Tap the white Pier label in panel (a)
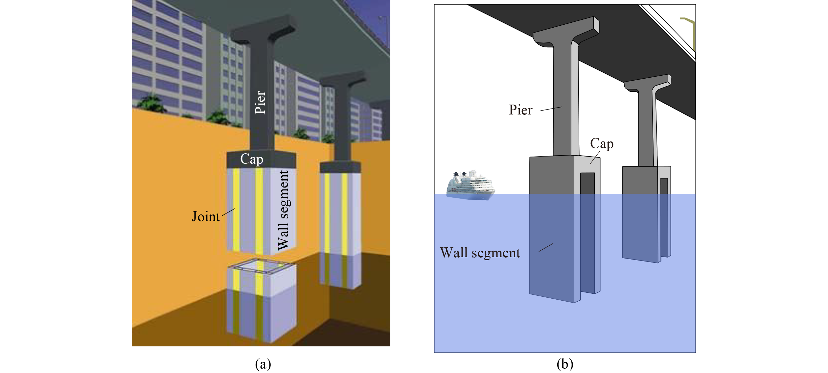pos(260,102)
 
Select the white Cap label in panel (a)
pos(252,159)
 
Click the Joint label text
pos(206,217)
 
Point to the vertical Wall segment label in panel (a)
pos(283,210)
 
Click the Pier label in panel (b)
pos(520,110)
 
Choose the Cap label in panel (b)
pos(602,144)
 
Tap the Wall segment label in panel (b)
pos(480,253)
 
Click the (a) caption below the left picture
pos(263,364)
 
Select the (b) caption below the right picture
pos(564,364)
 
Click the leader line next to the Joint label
pos(229,212)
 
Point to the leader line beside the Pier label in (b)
pos(551,109)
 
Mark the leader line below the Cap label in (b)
pos(595,157)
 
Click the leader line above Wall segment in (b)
pos(546,247)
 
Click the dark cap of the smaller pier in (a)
pos(340,168)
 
